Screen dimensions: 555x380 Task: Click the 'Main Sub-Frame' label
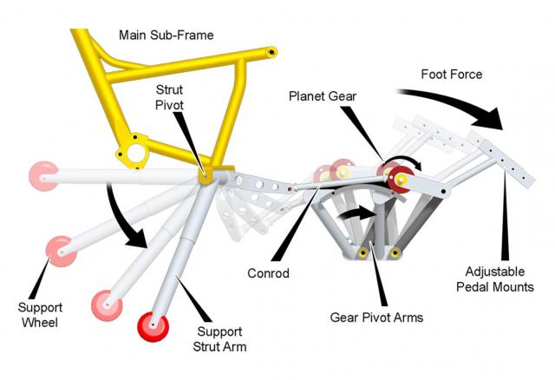[x=166, y=35]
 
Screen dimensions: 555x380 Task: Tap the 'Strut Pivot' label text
[x=170, y=97]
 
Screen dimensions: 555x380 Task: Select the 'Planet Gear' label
[x=323, y=96]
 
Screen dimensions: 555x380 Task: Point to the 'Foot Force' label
[x=452, y=74]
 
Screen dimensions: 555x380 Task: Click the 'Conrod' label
[x=268, y=273]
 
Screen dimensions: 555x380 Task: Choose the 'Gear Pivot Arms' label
[x=376, y=318]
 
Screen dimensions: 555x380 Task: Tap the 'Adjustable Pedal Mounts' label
[x=495, y=279]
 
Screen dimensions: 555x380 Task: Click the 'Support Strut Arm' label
[x=219, y=339]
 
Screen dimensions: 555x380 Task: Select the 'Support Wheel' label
[x=40, y=315]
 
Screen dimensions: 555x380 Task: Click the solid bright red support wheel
[x=153, y=326]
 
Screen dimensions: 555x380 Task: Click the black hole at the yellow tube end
[x=271, y=52]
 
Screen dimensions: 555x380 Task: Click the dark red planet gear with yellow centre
[x=401, y=180]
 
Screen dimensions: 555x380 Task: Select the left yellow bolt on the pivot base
[x=362, y=252]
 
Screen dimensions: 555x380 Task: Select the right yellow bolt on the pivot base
[x=395, y=252]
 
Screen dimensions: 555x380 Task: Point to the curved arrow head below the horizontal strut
[x=136, y=238]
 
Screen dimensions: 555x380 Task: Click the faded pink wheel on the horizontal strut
[x=43, y=176]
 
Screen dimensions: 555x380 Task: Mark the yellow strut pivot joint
[x=205, y=176]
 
